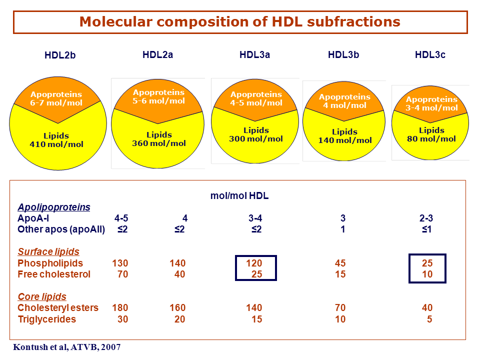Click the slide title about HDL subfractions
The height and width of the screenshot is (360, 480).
(x=239, y=21)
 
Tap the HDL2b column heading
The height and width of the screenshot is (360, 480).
(x=60, y=55)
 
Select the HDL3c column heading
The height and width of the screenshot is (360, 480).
(x=430, y=55)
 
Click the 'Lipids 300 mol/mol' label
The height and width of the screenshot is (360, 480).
(x=256, y=134)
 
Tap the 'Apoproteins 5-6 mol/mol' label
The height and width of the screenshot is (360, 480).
(x=158, y=96)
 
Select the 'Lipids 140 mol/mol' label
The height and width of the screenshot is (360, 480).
(x=344, y=136)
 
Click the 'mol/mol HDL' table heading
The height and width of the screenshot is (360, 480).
(x=239, y=195)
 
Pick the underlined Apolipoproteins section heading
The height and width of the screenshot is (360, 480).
(x=54, y=207)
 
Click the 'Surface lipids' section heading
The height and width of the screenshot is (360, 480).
(x=48, y=251)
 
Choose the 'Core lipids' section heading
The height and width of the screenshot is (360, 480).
(x=42, y=296)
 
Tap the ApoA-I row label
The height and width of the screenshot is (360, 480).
(x=33, y=218)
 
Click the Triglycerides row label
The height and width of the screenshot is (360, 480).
(x=46, y=319)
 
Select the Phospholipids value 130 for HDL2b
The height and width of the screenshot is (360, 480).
(x=120, y=263)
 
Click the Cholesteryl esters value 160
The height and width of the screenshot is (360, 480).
(x=177, y=307)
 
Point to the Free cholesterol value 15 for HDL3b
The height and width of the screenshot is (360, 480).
(x=340, y=274)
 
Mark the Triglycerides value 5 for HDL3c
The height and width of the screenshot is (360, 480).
(x=429, y=319)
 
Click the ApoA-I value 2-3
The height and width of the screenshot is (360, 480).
(x=426, y=218)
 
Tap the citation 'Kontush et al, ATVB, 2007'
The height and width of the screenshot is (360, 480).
(x=66, y=347)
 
